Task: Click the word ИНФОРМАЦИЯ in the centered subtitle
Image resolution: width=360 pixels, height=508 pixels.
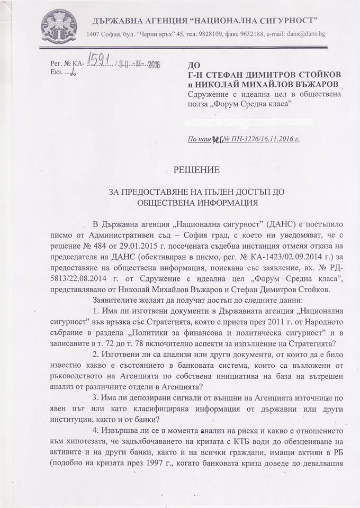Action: coord(219,202)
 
